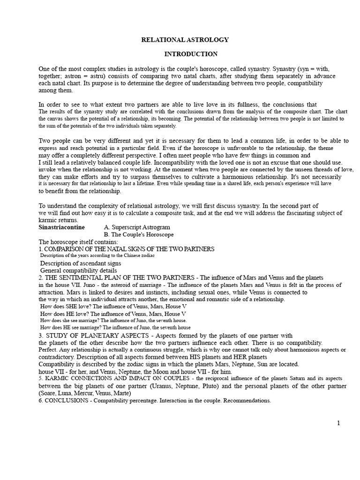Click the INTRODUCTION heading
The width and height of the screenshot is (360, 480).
pyautogui.click(x=190, y=54)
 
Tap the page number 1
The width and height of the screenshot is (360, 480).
pyautogui.click(x=338, y=423)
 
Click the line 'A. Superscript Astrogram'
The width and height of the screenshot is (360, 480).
pyautogui.click(x=137, y=227)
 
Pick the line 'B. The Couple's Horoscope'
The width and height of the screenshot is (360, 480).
pyautogui.click(x=139, y=234)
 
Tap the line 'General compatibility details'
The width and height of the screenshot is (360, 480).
pyautogui.click(x=79, y=270)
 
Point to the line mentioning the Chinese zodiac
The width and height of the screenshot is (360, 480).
pyautogui.click(x=97, y=255)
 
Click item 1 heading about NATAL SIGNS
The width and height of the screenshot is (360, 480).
pyautogui.click(x=127, y=248)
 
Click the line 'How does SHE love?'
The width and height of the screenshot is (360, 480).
pyautogui.click(x=113, y=306)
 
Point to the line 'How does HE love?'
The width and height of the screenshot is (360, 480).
pyautogui.click(x=113, y=313)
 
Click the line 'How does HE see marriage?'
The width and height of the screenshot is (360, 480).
pyautogui.click(x=115, y=327)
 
